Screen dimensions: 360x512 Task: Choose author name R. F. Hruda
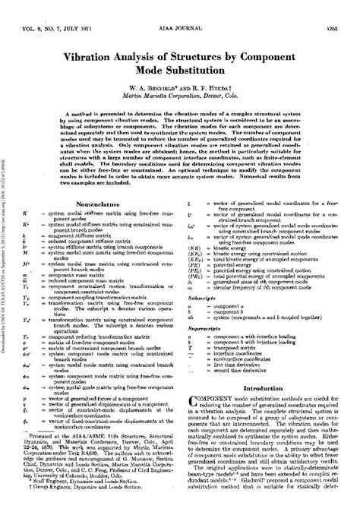point(219,66)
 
